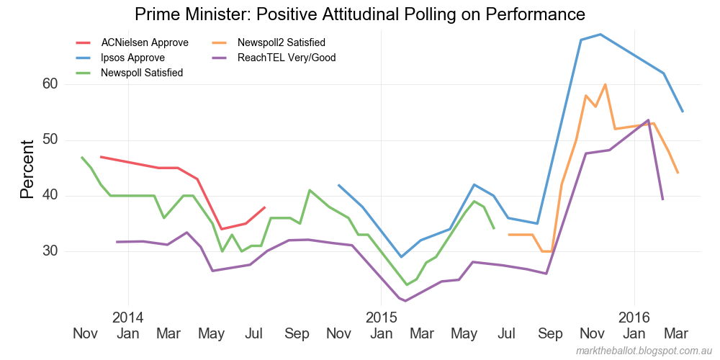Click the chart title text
pyautogui.click(x=359, y=14)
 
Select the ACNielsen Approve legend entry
pyautogui.click(x=135, y=42)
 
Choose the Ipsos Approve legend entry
pyautogui.click(x=132, y=58)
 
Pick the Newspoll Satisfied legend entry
pyautogui.click(x=141, y=73)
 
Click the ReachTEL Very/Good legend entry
pyautogui.click(x=286, y=58)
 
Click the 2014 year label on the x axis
pyautogui.click(x=128, y=318)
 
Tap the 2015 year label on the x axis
pyautogui.click(x=382, y=318)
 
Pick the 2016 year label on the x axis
pyautogui.click(x=634, y=318)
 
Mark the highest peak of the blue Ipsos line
pyautogui.click(x=600, y=34)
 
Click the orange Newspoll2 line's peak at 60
pyautogui.click(x=605, y=84)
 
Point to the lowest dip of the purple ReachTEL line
pyautogui.click(x=405, y=301)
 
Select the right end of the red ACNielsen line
pyautogui.click(x=265, y=207)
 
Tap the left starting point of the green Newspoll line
pyautogui.click(x=81, y=157)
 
